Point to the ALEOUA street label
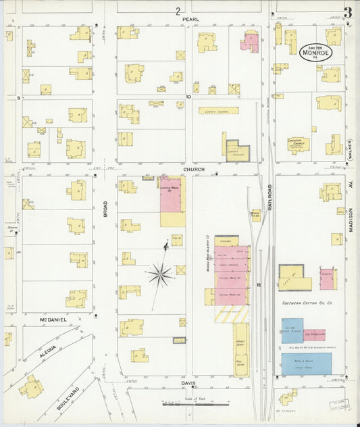click(x=45, y=342)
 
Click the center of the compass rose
click(x=160, y=274)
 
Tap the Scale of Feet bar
click(x=197, y=404)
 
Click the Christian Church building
click(x=298, y=145)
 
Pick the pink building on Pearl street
click(x=250, y=42)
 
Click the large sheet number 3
click(x=347, y=12)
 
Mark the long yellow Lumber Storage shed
click(x=218, y=110)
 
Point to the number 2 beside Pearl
click(x=178, y=11)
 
